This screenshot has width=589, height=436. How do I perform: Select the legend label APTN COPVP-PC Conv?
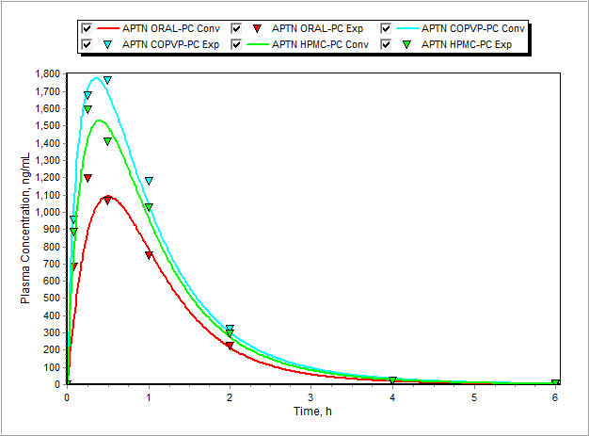(473, 28)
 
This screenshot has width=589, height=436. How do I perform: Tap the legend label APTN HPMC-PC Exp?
(467, 43)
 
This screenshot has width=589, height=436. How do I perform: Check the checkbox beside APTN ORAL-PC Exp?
(237, 28)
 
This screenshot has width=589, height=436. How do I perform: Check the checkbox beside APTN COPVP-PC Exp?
(88, 43)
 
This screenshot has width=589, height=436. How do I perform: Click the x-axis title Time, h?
(310, 412)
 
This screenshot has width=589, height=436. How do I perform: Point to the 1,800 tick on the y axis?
(46, 73)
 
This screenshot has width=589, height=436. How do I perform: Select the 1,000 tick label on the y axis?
(46, 212)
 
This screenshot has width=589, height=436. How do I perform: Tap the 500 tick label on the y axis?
(52, 298)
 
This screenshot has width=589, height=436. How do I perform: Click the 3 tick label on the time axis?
(311, 397)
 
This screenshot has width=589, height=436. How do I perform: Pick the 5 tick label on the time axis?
(474, 397)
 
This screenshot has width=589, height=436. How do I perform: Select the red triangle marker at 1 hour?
(149, 255)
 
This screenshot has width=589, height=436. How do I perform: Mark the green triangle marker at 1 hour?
(149, 207)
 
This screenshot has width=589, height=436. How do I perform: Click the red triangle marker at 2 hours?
(230, 346)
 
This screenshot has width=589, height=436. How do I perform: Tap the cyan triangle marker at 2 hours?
(230, 329)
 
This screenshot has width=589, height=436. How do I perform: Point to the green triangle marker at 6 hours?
(555, 382)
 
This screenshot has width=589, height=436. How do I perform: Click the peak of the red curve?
(110, 197)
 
